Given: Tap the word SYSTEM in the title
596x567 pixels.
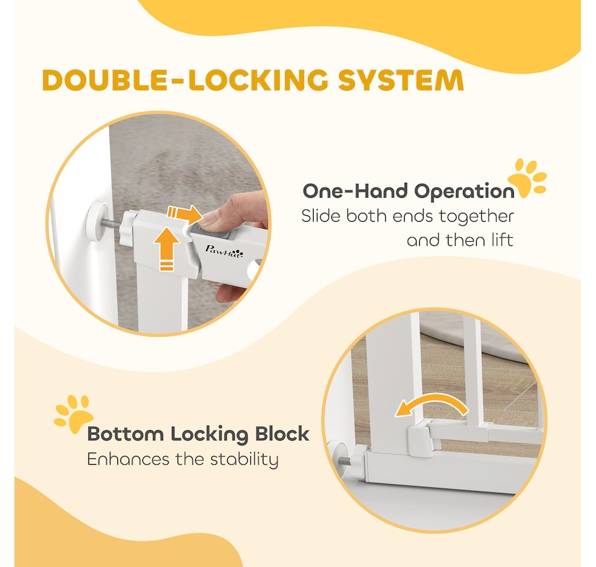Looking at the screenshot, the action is point(402,80).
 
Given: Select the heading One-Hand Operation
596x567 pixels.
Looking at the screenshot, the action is point(408,191).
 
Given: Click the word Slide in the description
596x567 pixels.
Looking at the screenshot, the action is point(321,216).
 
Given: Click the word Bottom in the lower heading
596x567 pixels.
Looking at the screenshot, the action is point(125,434).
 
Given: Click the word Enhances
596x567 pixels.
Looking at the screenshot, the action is point(128,459).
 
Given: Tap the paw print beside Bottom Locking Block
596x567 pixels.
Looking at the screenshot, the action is point(74,414).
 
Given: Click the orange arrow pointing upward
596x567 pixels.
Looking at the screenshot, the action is point(166,249).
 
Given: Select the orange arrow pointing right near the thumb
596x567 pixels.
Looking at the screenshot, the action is point(184,215).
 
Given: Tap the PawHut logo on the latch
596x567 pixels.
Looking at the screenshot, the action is point(224,251).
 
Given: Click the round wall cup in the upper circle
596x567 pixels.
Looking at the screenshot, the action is point(97,222).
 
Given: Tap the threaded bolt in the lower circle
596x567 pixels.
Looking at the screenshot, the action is point(344,460).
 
